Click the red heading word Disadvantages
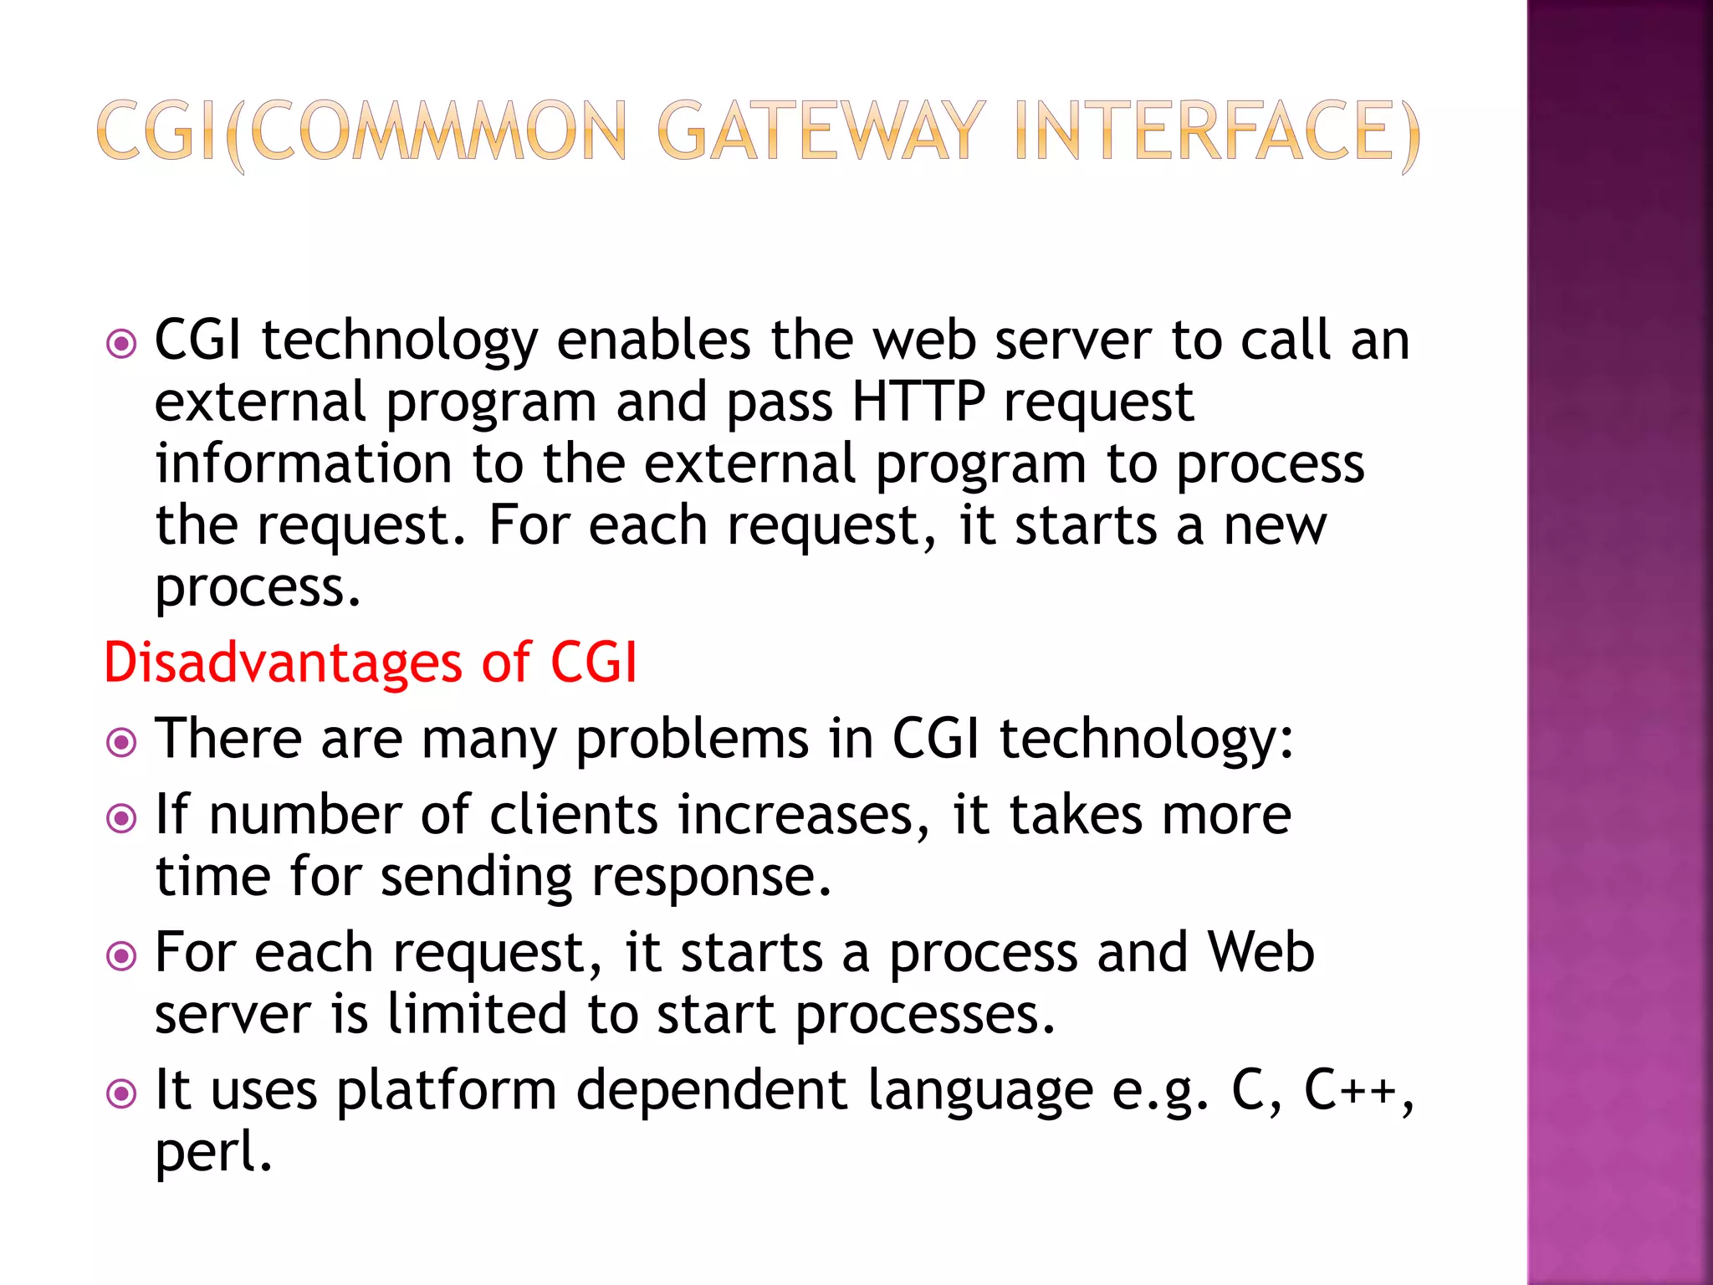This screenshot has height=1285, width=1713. [x=283, y=663]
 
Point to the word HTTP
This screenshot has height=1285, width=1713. [x=918, y=402]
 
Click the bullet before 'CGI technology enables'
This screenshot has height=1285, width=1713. [x=122, y=343]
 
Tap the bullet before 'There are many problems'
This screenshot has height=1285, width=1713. [x=122, y=742]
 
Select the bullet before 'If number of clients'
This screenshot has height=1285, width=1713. [x=122, y=818]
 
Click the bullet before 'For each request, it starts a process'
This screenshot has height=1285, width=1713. [x=122, y=955]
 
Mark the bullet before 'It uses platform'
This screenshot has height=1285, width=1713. [x=122, y=1093]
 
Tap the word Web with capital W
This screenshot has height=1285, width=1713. [x=1260, y=952]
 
